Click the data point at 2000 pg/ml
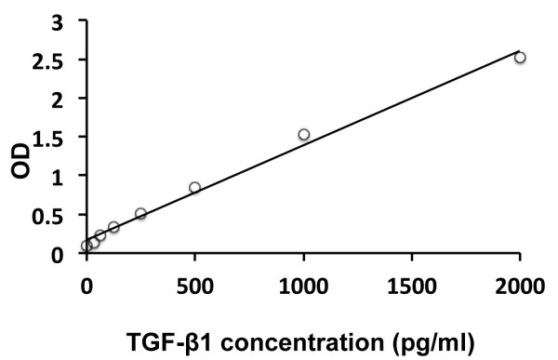(x=520, y=58)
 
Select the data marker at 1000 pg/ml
(x=303, y=135)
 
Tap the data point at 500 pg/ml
(x=194, y=188)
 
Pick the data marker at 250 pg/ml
(x=140, y=214)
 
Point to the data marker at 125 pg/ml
(x=113, y=227)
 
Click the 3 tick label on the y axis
(x=59, y=21)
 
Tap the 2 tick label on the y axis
(x=59, y=99)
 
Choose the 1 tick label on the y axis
(x=59, y=176)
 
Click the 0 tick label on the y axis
(x=59, y=253)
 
